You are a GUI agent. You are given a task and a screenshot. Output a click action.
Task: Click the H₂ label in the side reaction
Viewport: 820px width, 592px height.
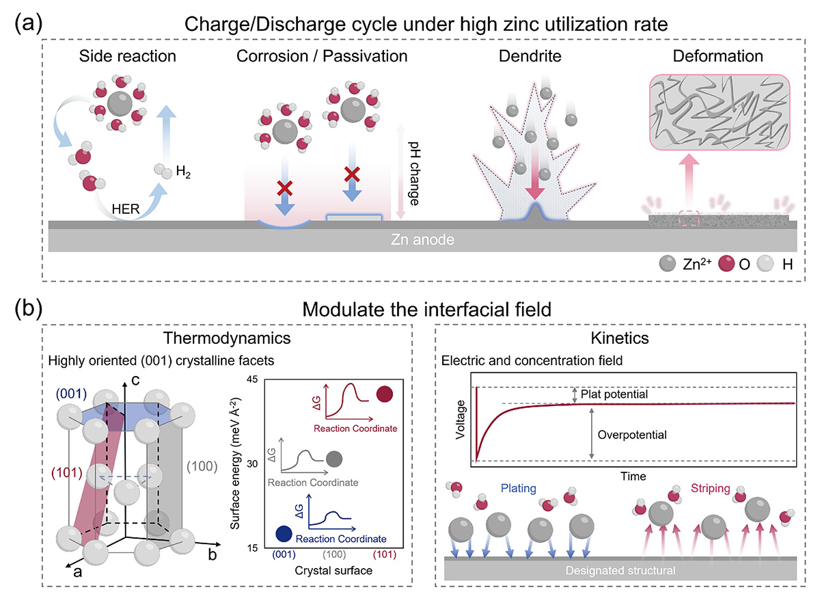point(183,172)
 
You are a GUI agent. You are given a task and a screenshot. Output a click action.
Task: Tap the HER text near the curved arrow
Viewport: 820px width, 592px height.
point(126,209)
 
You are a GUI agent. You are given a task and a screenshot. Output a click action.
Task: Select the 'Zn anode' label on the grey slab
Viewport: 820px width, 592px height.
point(422,239)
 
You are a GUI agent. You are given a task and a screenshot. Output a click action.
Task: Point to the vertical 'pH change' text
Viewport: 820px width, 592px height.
point(414,174)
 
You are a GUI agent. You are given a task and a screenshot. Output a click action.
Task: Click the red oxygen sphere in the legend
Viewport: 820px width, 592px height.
point(726,264)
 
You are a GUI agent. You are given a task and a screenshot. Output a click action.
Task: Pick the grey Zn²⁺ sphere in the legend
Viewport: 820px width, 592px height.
point(668,264)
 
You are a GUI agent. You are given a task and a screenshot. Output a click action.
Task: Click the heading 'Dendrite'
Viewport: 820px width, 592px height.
point(530,56)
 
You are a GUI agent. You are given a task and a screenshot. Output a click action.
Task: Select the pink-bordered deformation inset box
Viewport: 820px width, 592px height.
point(720,112)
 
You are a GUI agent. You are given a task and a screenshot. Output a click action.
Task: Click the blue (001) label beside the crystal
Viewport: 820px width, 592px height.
point(71,394)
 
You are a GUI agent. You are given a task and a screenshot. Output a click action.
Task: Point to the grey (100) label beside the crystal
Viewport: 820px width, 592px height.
point(202,466)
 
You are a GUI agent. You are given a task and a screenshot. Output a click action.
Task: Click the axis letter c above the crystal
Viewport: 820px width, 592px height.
point(135,380)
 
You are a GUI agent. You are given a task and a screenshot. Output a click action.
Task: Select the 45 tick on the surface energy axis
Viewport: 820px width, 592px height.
point(252,379)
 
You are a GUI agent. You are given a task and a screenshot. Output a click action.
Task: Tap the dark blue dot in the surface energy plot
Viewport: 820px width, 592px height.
point(284,534)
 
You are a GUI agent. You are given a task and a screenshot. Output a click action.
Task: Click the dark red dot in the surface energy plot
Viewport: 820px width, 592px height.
point(384,394)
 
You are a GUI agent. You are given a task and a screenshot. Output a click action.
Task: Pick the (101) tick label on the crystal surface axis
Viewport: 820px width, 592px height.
point(384,554)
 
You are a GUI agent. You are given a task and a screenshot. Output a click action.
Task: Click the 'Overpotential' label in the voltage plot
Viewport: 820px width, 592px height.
point(632,435)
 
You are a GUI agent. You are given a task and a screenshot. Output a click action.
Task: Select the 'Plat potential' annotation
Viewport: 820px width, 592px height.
point(614,394)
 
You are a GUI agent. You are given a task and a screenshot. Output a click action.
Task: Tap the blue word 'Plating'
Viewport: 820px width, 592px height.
point(519,488)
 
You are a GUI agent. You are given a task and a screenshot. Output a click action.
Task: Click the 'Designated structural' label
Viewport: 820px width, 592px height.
point(620,570)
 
